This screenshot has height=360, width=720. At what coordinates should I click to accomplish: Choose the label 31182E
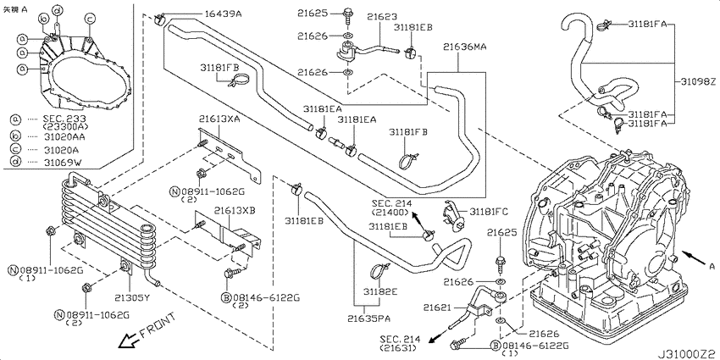click(x=381, y=291)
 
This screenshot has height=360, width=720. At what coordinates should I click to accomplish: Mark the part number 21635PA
click(x=368, y=318)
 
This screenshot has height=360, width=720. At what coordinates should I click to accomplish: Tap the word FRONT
click(x=158, y=325)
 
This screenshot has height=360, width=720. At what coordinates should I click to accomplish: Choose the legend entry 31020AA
click(x=64, y=135)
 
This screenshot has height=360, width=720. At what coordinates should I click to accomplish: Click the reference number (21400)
click(x=390, y=213)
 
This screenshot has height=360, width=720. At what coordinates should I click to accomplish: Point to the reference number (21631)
click(x=400, y=347)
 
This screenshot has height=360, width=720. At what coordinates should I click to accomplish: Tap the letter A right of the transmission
click(x=712, y=265)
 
